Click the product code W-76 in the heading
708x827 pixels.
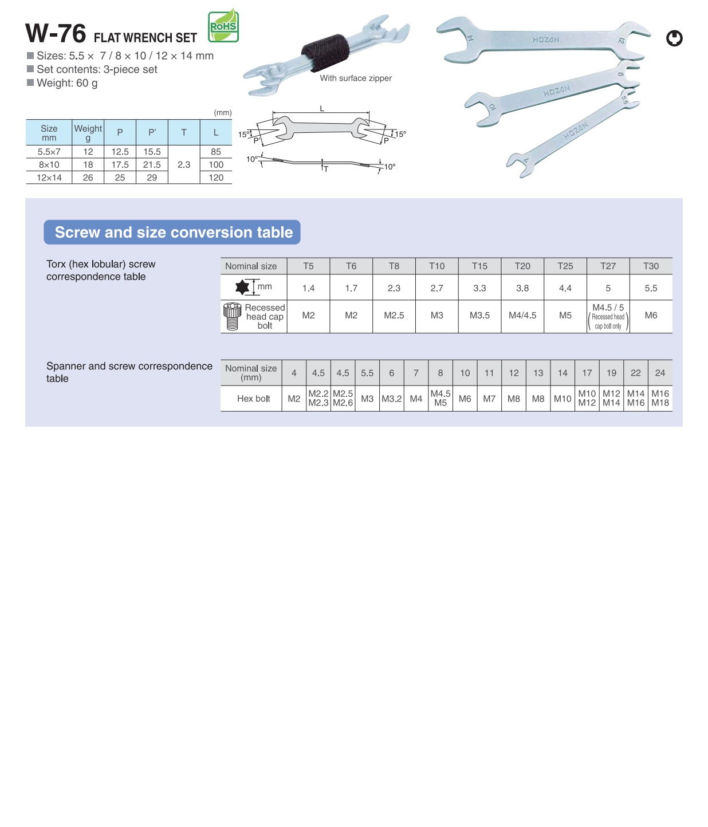click(56, 34)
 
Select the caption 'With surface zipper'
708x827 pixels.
click(356, 78)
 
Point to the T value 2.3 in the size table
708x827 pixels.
click(184, 165)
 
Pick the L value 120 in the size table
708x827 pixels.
click(216, 178)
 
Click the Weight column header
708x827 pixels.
click(88, 133)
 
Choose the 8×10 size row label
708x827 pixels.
click(49, 165)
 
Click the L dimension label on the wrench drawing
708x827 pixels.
click(322, 108)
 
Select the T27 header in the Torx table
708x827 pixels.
click(608, 266)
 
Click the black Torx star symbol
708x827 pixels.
click(242, 287)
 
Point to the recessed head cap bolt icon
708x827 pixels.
click(232, 316)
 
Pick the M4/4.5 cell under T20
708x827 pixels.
click(522, 316)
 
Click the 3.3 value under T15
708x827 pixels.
click(479, 288)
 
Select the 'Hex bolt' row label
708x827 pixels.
click(253, 399)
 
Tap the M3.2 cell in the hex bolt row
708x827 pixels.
click(392, 399)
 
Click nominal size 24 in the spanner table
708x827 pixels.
click(660, 373)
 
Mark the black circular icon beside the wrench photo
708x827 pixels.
click(674, 38)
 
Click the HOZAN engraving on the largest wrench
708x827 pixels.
click(545, 40)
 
